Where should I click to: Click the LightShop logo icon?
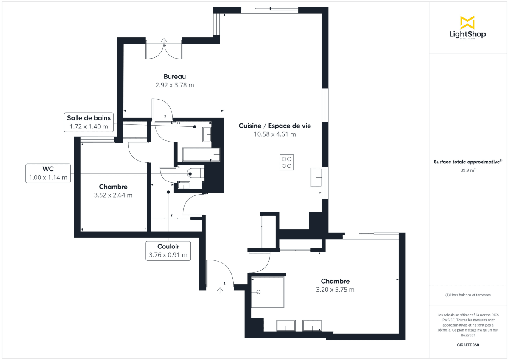click(467, 22)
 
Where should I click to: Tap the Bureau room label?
click(175, 77)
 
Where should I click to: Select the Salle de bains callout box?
click(89, 122)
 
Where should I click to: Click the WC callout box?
click(48, 173)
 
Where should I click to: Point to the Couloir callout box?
click(168, 251)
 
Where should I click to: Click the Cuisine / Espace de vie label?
click(274, 126)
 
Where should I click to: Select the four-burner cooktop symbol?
click(287, 163)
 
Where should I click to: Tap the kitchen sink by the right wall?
click(316, 177)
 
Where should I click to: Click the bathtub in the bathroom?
click(201, 155)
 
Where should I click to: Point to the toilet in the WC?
click(195, 173)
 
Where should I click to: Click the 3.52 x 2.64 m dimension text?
click(113, 195)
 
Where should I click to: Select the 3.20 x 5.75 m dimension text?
click(335, 290)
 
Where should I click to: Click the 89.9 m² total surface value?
click(467, 170)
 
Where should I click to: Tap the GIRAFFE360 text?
click(467, 345)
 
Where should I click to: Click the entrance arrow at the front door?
click(220, 290)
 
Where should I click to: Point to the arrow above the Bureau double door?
click(164, 41)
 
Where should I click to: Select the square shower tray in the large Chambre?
click(268, 292)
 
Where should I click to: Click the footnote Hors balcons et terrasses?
click(467, 295)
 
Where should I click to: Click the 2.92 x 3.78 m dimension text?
click(175, 85)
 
